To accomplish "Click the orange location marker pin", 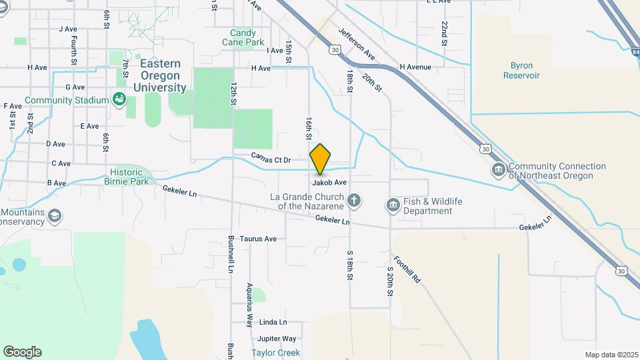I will [x=320, y=159].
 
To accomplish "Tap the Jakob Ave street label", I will [x=329, y=182].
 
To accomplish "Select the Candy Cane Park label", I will [x=247, y=37].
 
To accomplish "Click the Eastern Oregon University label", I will [x=160, y=75].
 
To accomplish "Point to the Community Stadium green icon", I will [x=119, y=100].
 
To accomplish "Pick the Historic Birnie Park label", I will [x=127, y=176].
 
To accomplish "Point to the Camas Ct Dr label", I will [x=271, y=159].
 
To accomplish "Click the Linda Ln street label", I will [x=273, y=321].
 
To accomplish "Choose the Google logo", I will [x=22, y=352].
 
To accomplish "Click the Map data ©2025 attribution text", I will [x=611, y=355].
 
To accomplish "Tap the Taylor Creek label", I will [x=275, y=353].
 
